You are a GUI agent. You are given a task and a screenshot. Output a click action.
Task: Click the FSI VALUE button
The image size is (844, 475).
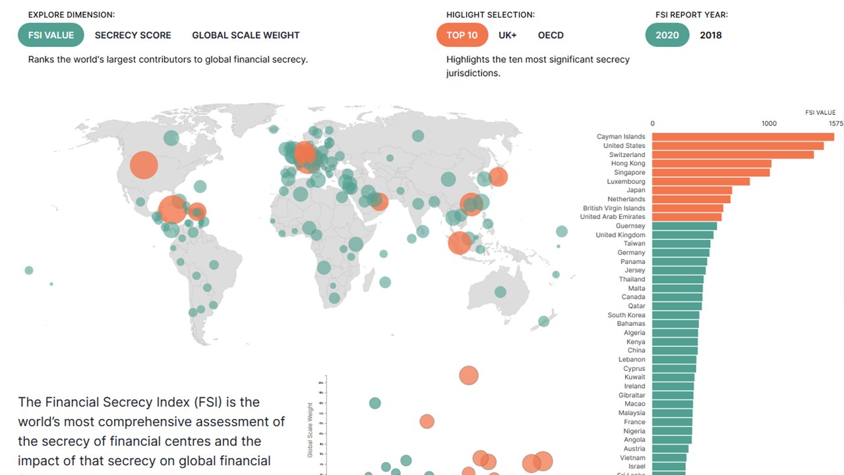(51, 35)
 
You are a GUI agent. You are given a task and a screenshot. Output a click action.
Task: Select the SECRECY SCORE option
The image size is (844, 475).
(133, 35)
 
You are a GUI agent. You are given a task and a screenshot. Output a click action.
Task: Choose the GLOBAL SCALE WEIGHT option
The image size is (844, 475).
(245, 35)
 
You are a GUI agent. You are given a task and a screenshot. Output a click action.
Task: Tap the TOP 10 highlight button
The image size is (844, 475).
(462, 35)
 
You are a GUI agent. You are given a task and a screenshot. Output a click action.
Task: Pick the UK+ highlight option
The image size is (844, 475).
(507, 35)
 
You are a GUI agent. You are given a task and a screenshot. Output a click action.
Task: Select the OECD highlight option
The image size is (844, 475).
(551, 35)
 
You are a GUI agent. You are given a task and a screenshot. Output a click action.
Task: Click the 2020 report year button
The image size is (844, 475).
(667, 35)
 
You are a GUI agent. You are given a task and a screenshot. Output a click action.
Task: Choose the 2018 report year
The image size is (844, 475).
(711, 35)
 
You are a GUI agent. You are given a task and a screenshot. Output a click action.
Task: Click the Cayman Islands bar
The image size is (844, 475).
(742, 137)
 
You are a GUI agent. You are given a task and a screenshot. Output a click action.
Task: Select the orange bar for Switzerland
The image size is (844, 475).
(732, 154)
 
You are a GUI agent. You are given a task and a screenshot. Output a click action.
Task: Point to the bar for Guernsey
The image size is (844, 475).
(684, 226)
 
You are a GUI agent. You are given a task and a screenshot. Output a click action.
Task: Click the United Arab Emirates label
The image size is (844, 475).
(613, 217)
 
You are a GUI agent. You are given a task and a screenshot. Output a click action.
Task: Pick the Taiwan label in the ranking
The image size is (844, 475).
(634, 243)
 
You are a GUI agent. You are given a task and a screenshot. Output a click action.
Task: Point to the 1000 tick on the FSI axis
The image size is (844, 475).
(769, 123)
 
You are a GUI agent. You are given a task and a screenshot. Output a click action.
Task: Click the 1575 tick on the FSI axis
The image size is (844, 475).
(835, 123)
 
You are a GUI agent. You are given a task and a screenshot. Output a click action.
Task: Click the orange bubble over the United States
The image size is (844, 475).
(144, 165)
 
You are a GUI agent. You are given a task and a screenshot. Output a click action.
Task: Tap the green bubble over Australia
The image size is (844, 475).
(500, 292)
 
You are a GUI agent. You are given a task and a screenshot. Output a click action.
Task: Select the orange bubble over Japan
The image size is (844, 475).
(498, 176)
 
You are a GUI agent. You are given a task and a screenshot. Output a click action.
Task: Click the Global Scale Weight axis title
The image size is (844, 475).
(310, 430)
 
